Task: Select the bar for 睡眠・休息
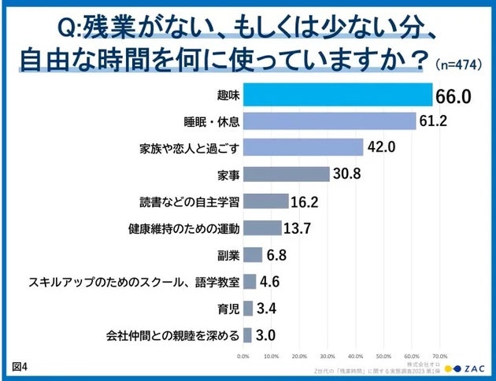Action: [329, 121]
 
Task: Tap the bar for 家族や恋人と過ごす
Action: [303, 147]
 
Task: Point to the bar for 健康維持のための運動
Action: [262, 228]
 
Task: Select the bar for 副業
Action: [253, 255]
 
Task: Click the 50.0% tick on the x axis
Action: [384, 355]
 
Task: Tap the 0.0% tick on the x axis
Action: [244, 355]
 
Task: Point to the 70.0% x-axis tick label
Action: [440, 355]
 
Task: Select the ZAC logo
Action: [465, 368]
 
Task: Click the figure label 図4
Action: [20, 368]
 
